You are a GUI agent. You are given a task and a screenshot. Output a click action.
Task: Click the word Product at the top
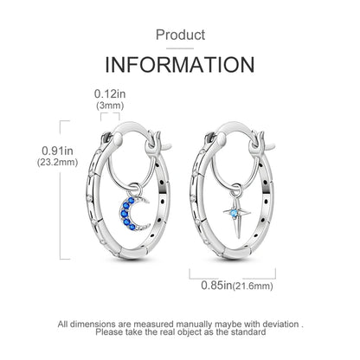pyautogui.click(x=180, y=35)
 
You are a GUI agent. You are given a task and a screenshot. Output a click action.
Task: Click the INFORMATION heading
pyautogui.click(x=180, y=65)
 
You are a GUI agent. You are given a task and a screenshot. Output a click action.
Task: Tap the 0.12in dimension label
pyautogui.click(x=110, y=93)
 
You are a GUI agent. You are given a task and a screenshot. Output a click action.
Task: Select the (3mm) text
pyautogui.click(x=110, y=106)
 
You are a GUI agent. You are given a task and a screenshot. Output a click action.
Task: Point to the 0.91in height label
pyautogui.click(x=57, y=151)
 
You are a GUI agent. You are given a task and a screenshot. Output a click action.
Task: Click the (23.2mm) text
pyautogui.click(x=57, y=162)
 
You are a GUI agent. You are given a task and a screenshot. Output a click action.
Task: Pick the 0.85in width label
pyautogui.click(x=216, y=286)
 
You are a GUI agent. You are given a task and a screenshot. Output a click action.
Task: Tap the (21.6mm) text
pyautogui.click(x=253, y=286)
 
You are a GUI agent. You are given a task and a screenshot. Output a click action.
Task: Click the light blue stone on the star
pyautogui.click(x=234, y=213)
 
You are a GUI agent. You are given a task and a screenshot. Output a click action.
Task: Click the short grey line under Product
pyautogui.click(x=180, y=48)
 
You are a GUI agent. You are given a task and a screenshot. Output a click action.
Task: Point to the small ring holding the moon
pyautogui.click(x=135, y=190)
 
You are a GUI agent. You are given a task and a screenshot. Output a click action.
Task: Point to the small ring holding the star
pyautogui.click(x=235, y=190)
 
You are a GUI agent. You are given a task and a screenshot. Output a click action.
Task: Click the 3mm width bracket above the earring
pyautogui.click(x=110, y=113)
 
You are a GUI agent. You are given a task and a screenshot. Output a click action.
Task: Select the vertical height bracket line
pyautogui.click(x=60, y=190)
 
